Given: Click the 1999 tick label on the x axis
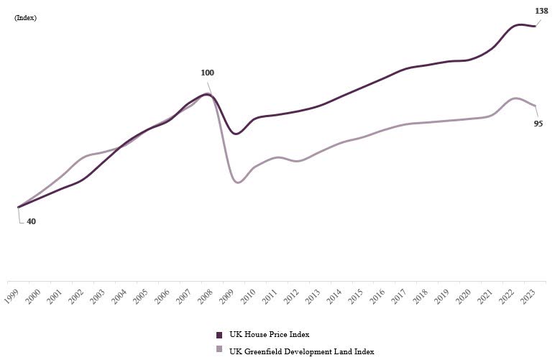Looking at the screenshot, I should pyautogui.click(x=12, y=296).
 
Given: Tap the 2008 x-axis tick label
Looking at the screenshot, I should pyautogui.click(x=206, y=296).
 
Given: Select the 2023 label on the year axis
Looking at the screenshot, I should pyautogui.click(x=528, y=296).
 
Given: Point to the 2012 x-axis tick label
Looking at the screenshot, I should pyautogui.click(x=292, y=296).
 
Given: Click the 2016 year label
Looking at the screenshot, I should pyautogui.click(x=378, y=296).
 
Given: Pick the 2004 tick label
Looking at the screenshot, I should pyautogui.click(x=120, y=296).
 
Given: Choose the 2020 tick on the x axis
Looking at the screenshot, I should pyautogui.click(x=464, y=296).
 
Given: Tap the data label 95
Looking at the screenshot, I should pyautogui.click(x=538, y=124).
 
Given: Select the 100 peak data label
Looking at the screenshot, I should pyautogui.click(x=208, y=73).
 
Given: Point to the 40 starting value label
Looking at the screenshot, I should pyautogui.click(x=31, y=221).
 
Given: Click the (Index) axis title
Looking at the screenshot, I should pyautogui.click(x=25, y=18).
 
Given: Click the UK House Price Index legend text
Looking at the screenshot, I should pyautogui.click(x=269, y=335).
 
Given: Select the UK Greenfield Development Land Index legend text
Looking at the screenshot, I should pyautogui.click(x=301, y=351).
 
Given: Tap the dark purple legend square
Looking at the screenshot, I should pyautogui.click(x=219, y=335).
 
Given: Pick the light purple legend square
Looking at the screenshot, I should pyautogui.click(x=219, y=349).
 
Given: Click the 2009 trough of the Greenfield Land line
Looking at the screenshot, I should pyautogui.click(x=238, y=183).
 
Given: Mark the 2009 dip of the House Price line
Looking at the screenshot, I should pyautogui.click(x=235, y=134).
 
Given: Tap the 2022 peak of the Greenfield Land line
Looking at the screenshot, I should pyautogui.click(x=515, y=98).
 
